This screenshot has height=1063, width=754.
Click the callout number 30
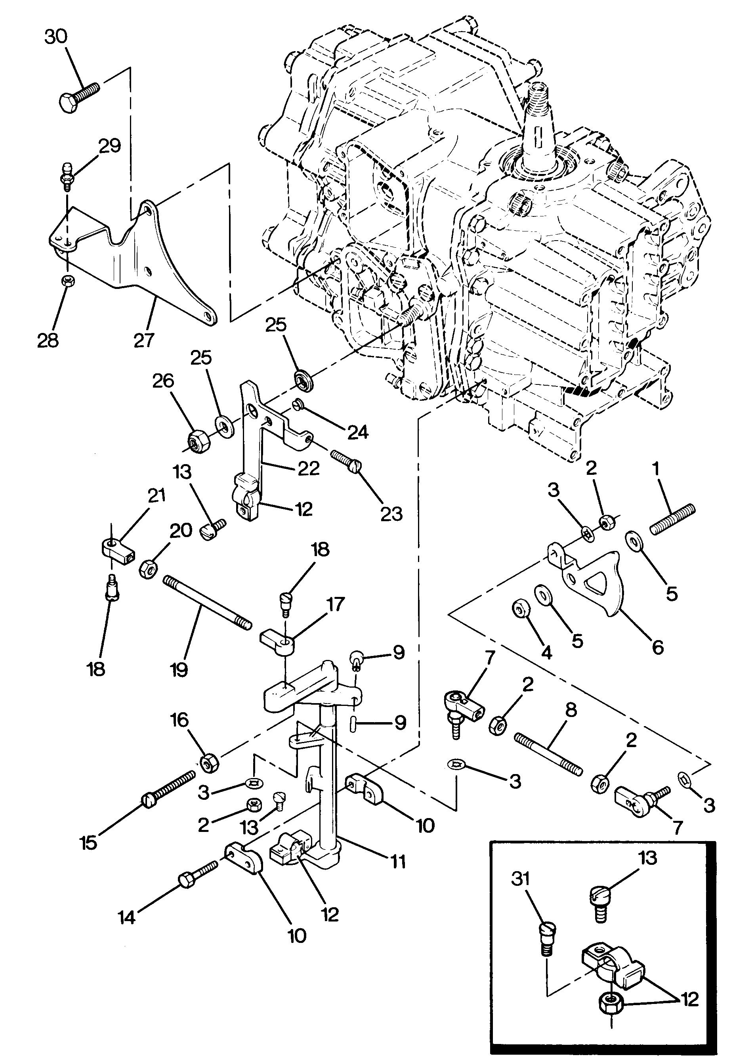(x=56, y=37)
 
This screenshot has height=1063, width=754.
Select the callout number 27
(x=143, y=340)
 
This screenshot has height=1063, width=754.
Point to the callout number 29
(x=110, y=146)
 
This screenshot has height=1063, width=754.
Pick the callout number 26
(x=163, y=381)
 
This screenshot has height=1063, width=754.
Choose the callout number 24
(x=357, y=432)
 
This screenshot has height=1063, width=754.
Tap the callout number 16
(x=179, y=720)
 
